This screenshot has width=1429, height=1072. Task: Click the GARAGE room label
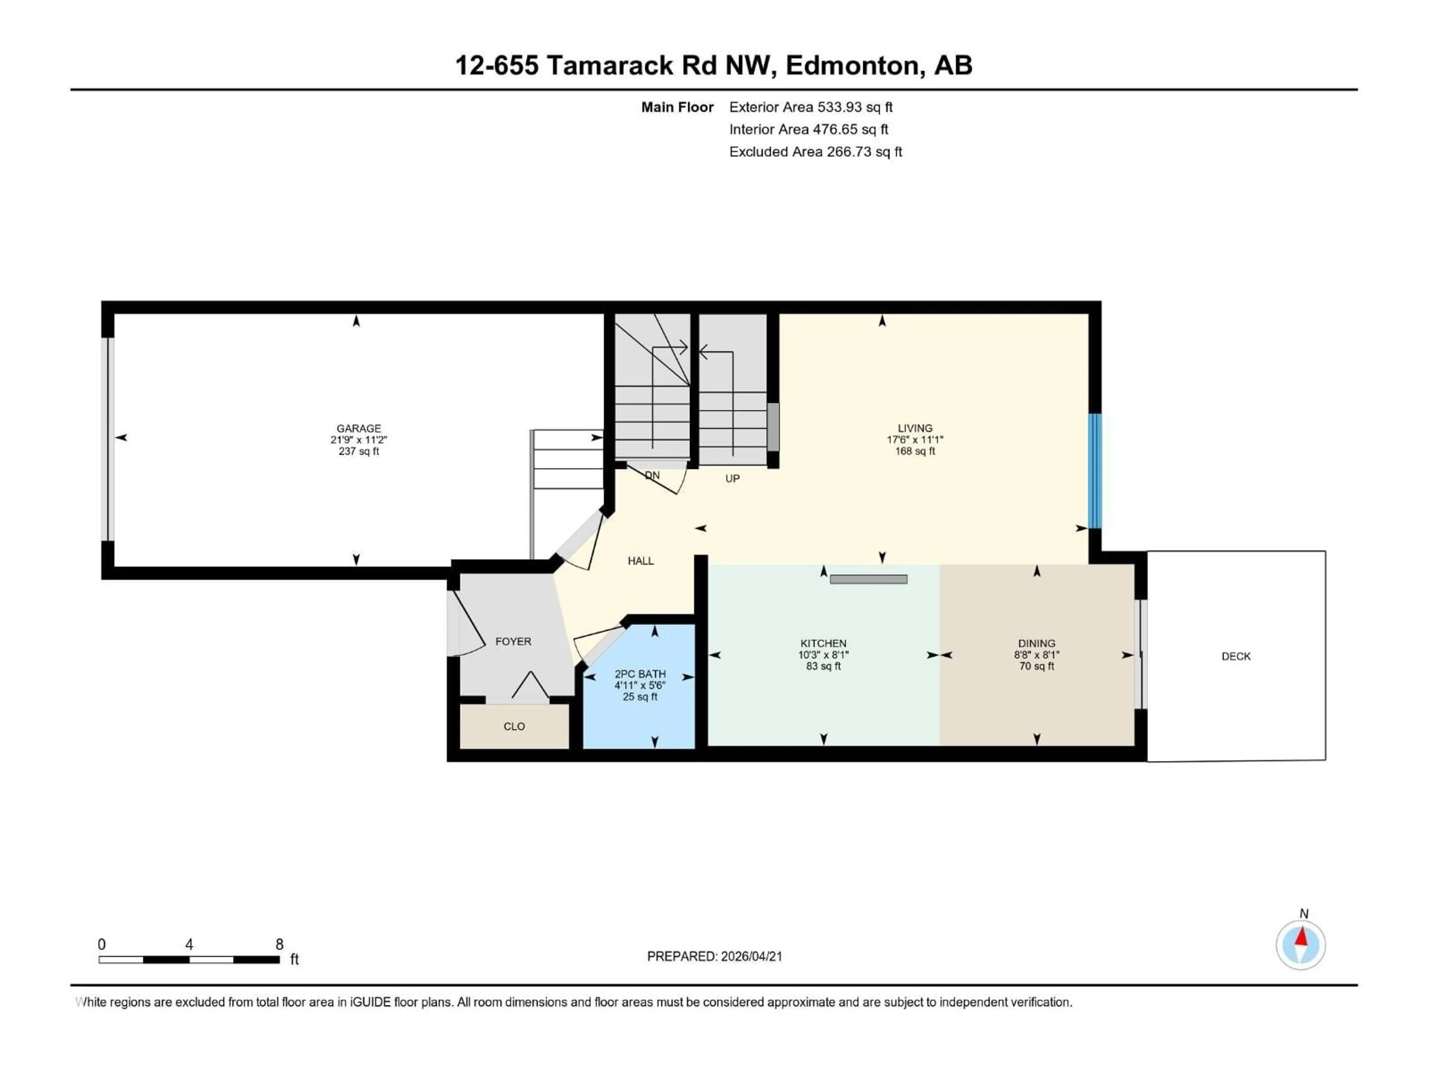coord(358,428)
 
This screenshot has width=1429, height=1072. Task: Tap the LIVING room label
coord(915,428)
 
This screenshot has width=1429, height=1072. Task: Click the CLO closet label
coord(514,726)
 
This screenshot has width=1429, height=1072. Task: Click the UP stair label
coord(732,479)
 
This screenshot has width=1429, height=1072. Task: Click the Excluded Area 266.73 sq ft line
coord(815,152)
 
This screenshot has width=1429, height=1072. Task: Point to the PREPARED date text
coord(714,956)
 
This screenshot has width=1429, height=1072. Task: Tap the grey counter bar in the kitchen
coord(868,579)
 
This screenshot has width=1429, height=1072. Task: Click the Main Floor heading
coord(677,107)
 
